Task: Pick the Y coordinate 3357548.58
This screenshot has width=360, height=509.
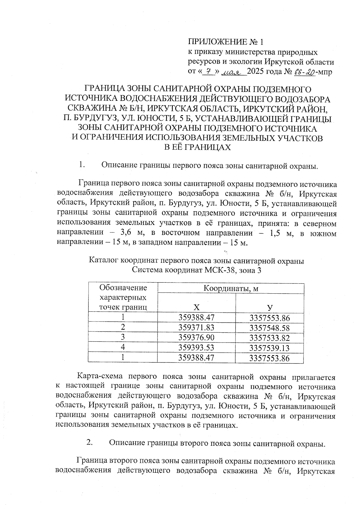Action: (269, 328)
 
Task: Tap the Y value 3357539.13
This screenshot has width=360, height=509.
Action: (269, 348)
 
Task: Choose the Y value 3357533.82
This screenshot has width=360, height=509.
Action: (269, 338)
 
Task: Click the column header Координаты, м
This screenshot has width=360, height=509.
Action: (231, 289)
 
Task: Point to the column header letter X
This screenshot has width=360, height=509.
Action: (196, 307)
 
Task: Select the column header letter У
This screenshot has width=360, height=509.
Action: (270, 307)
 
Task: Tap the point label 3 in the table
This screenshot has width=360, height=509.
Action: (123, 337)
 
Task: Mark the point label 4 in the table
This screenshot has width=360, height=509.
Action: (123, 347)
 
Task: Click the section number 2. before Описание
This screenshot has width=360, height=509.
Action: (89, 442)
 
